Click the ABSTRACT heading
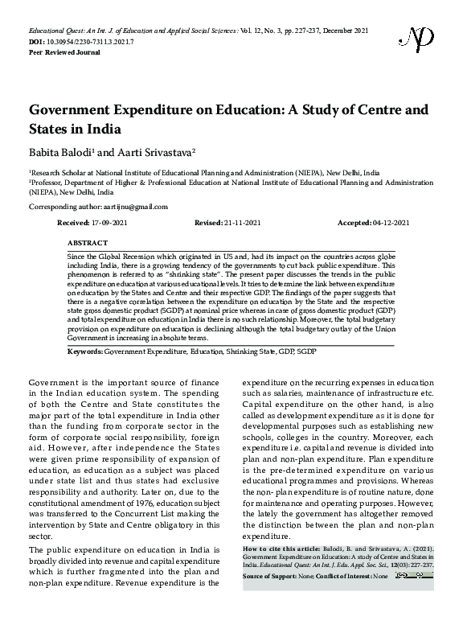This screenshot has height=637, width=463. [x=88, y=242]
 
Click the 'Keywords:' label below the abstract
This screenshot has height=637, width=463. [x=85, y=352]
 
